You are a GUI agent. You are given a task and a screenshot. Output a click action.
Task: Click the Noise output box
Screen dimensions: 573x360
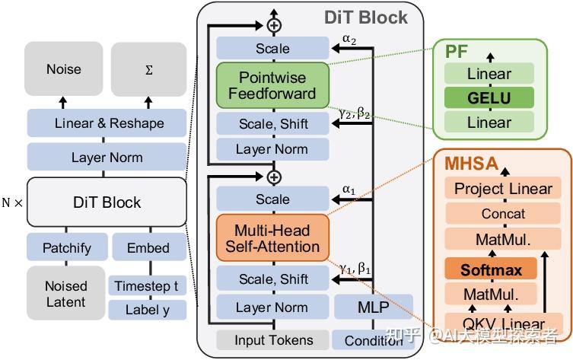[64, 68]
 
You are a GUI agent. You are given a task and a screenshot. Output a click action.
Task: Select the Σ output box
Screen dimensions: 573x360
[148, 69]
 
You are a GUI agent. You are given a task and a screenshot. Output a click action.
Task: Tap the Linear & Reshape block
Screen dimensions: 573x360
[107, 123]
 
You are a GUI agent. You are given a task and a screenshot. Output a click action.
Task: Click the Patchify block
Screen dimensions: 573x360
[67, 247]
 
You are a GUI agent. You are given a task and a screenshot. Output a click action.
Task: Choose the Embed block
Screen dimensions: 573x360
[149, 247]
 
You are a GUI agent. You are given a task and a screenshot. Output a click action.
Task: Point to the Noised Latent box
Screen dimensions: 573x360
[65, 293]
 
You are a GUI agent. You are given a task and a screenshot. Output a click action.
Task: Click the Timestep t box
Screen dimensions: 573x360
[148, 285]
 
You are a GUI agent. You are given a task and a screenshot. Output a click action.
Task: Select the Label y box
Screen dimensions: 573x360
[148, 310]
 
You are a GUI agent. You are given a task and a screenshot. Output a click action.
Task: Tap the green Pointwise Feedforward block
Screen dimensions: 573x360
[272, 85]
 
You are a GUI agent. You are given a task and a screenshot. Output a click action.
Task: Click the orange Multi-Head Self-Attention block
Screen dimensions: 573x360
[272, 238]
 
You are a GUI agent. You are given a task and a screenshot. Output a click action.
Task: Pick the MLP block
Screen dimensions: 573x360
[374, 307]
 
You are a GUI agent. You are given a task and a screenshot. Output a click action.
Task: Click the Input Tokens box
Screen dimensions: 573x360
[272, 340]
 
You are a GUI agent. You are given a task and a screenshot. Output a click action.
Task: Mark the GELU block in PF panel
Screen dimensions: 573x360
[489, 97]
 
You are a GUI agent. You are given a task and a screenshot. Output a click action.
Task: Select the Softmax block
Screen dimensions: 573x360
[491, 269]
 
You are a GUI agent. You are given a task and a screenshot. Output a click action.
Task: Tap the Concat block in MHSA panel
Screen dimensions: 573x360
[503, 213]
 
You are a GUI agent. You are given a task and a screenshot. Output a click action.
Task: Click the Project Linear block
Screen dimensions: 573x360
[503, 189]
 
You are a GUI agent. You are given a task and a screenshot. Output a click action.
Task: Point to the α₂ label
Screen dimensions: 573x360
[349, 39]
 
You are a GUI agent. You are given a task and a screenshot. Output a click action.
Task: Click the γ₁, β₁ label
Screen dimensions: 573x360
[355, 269]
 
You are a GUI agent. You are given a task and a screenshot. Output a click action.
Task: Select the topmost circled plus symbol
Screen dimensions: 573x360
[274, 25]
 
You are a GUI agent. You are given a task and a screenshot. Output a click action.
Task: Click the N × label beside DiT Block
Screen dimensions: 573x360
[12, 202]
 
